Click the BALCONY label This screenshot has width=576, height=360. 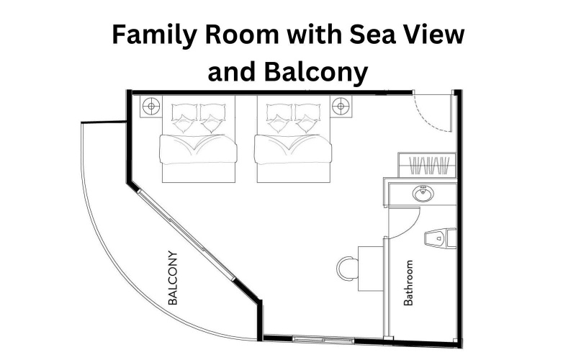[x=173, y=278]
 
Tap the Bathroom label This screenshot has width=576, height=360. [x=408, y=283]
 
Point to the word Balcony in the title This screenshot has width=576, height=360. [x=316, y=72]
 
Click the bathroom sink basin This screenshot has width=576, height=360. [x=423, y=194]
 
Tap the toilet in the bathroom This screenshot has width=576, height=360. [x=441, y=238]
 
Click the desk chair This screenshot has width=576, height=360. [x=347, y=269]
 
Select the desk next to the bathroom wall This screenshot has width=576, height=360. [x=371, y=269]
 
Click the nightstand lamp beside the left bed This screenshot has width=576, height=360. [x=151, y=107]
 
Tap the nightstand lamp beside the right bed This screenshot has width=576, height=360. [x=341, y=107]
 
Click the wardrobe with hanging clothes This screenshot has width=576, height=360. [x=427, y=166]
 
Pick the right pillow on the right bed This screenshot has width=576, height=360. [x=307, y=117]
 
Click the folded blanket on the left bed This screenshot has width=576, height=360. [x=198, y=149]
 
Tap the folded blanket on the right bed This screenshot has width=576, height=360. [x=293, y=149]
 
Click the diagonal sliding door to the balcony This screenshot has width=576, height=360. [x=186, y=235]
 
